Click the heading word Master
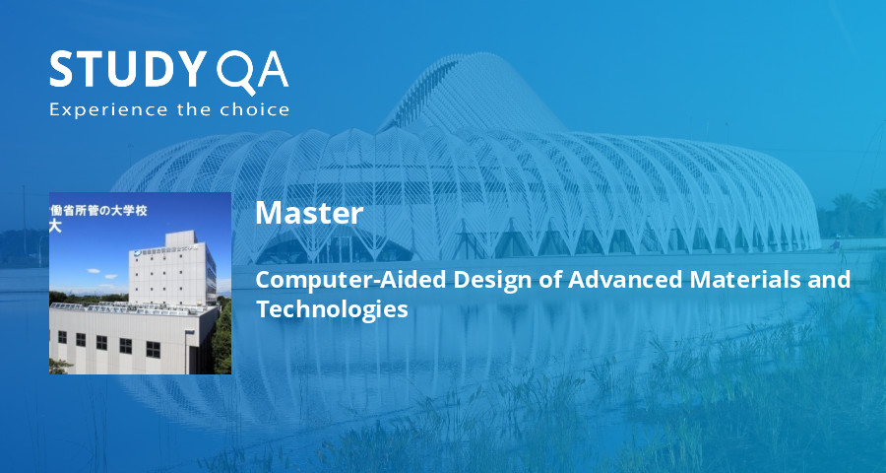[x=309, y=213]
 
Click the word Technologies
[x=332, y=308]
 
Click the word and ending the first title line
[x=831, y=279]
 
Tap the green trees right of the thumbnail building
[x=222, y=335]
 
